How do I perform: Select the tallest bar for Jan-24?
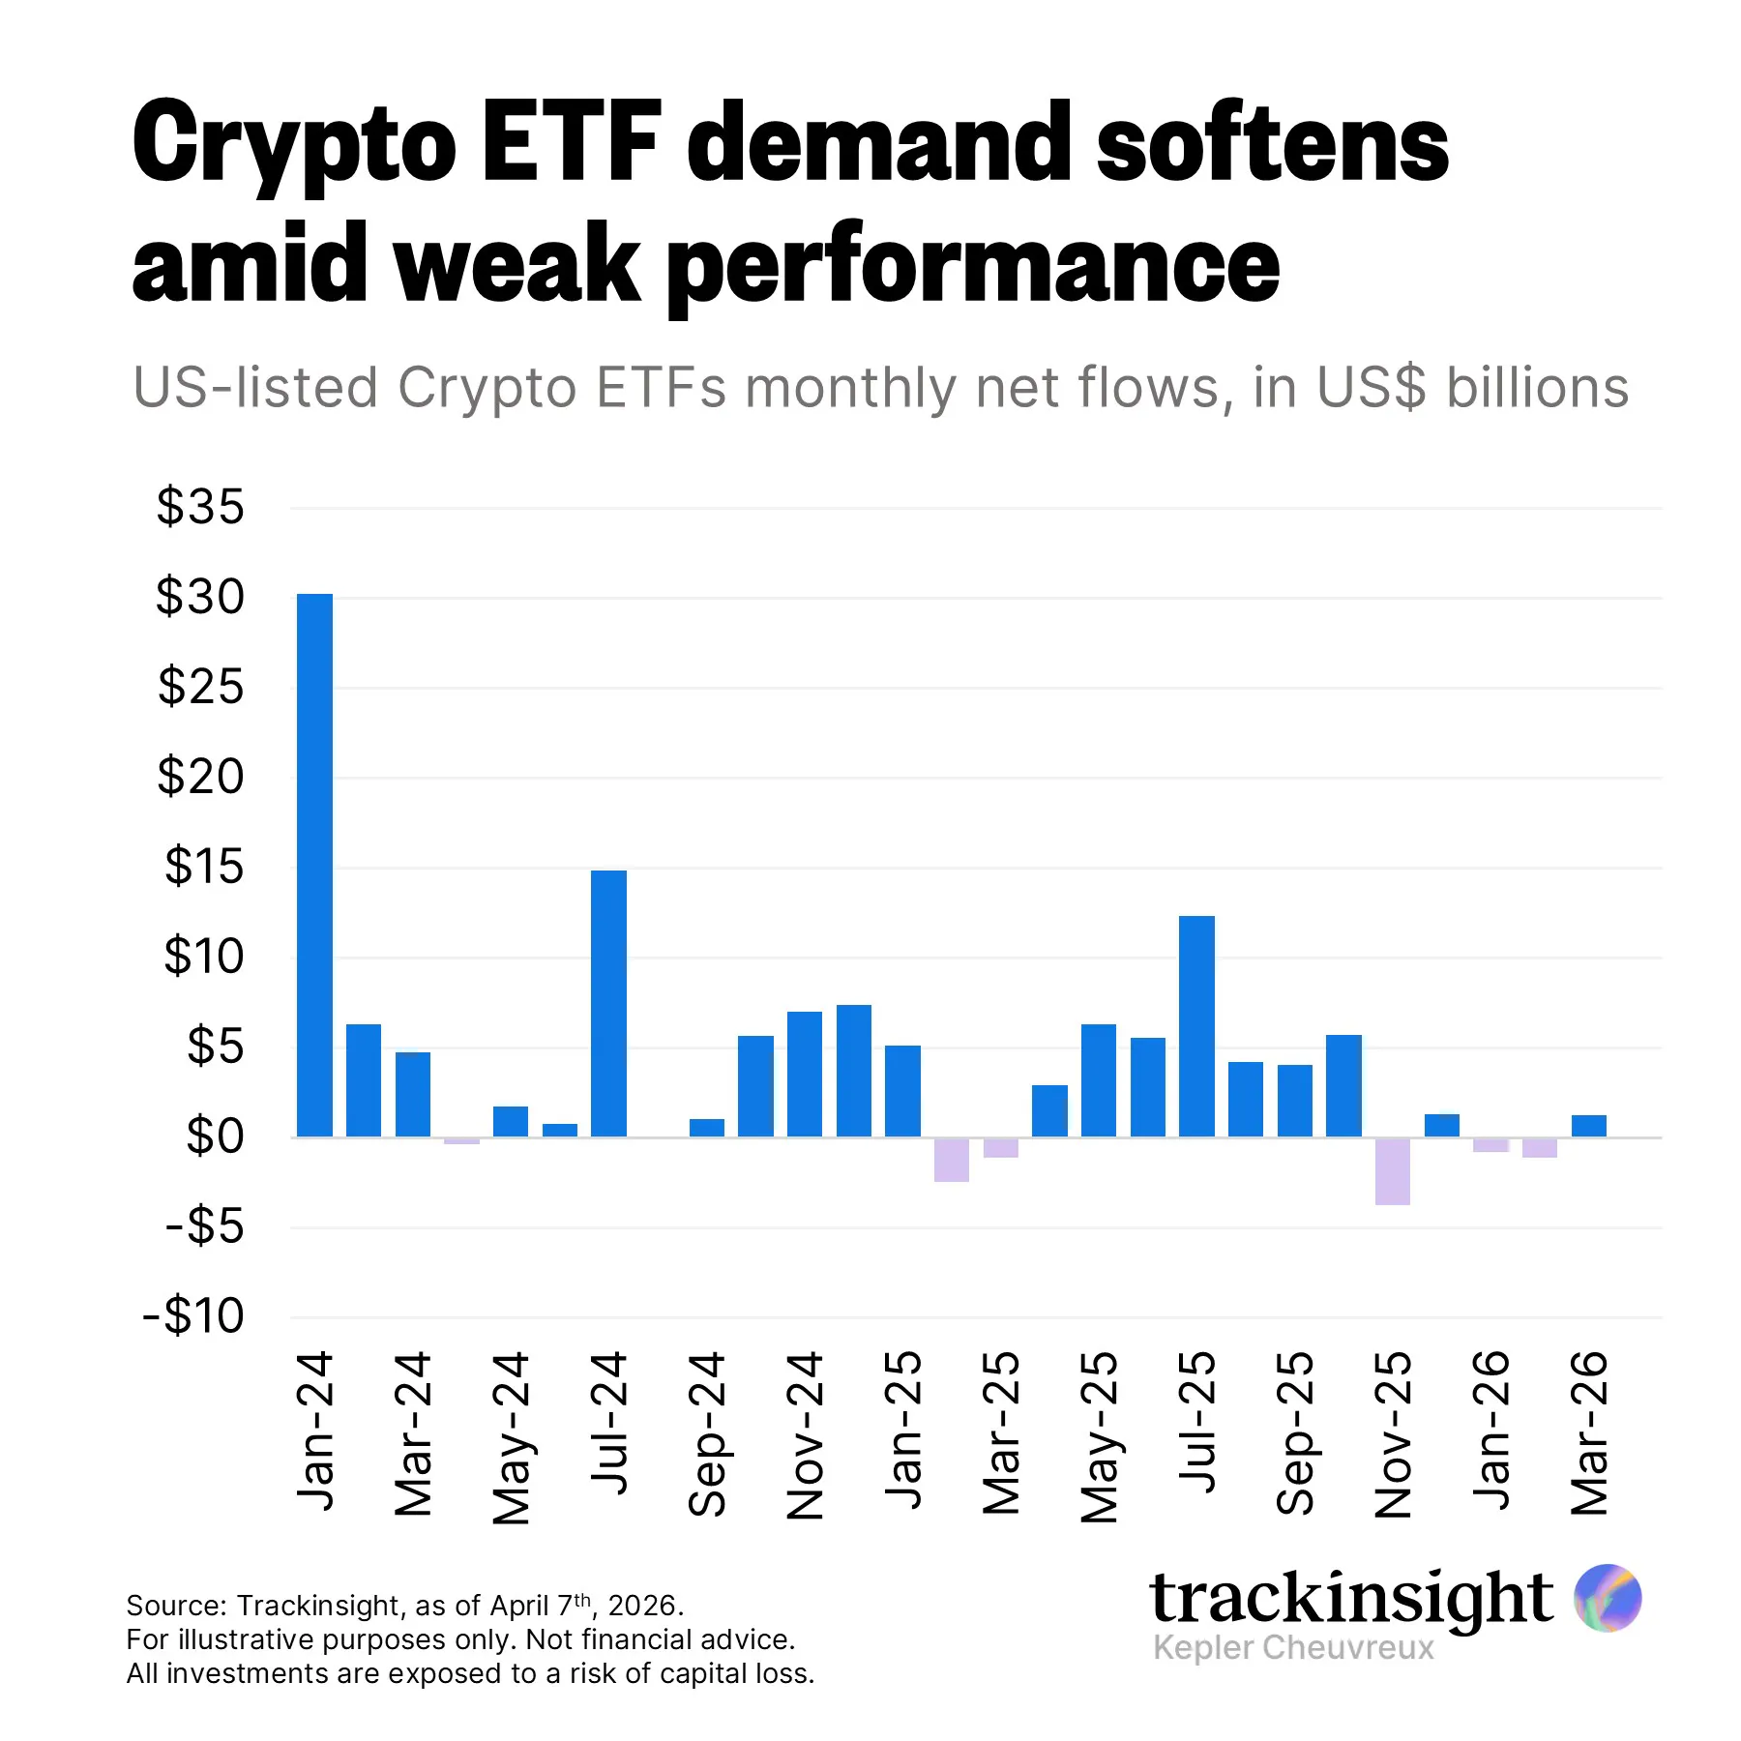point(314,866)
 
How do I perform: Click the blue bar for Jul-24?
point(608,1003)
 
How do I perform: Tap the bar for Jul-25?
point(1196,1026)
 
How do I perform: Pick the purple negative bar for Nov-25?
point(1392,1171)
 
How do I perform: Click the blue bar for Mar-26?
point(1588,1126)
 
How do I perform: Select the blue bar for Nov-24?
point(805,1074)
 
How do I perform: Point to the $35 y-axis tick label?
point(201,507)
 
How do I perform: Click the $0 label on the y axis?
point(215,1136)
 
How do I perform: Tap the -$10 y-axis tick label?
point(193,1316)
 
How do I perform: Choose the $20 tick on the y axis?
point(201,777)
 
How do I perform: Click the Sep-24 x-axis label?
point(707,1433)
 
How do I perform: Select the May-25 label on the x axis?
point(1099,1437)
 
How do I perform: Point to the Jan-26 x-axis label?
point(1490,1431)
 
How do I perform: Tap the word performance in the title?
point(973,266)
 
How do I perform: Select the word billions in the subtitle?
point(1537,388)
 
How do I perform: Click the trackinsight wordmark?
point(1350,1598)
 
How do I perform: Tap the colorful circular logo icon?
point(1607,1598)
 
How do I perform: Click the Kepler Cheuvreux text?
point(1293,1648)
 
